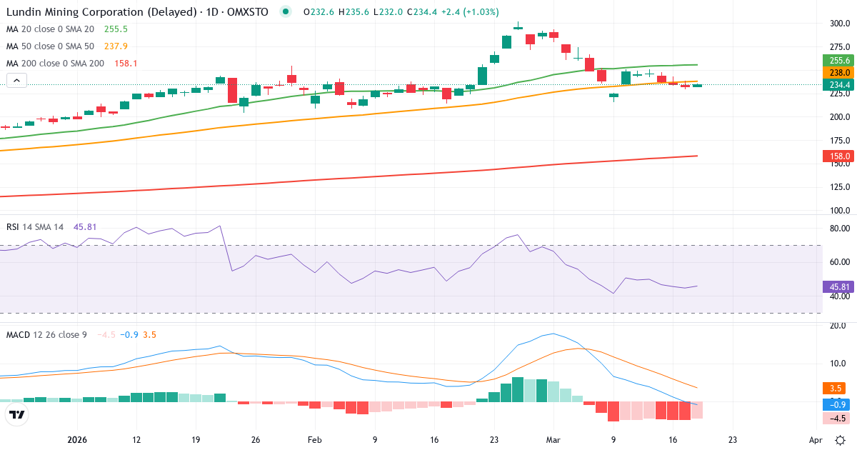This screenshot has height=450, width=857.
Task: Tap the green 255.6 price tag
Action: click(x=838, y=61)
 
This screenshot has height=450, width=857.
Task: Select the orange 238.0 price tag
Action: click(x=838, y=73)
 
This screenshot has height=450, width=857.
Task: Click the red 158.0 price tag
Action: click(x=838, y=156)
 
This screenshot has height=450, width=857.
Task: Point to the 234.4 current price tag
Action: click(x=838, y=85)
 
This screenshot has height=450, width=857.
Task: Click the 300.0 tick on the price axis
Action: click(x=838, y=24)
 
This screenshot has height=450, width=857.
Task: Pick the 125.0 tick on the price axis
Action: click(x=838, y=187)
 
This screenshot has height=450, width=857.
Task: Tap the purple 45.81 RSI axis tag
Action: click(x=838, y=286)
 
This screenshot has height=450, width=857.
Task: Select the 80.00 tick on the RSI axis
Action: click(x=838, y=229)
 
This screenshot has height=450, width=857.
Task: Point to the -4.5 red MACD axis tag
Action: click(x=837, y=419)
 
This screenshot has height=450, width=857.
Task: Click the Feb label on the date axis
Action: click(x=315, y=440)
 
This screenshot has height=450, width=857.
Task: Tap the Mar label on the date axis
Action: click(x=553, y=440)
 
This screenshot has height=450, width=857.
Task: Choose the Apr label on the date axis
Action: click(x=815, y=440)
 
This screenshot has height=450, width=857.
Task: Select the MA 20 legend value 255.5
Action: click(x=116, y=29)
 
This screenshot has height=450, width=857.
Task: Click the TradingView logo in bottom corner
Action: click(x=16, y=414)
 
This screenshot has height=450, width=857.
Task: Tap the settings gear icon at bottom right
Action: click(x=841, y=440)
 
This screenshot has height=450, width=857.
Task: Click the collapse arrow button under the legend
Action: click(x=16, y=81)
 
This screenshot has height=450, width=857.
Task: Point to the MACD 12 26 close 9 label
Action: click(x=46, y=334)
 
